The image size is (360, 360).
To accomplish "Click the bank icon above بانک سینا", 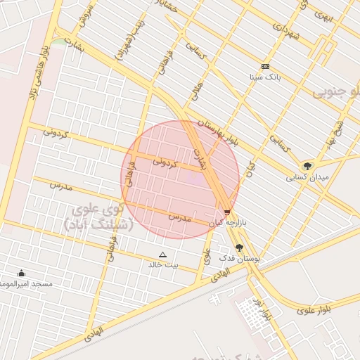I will coord(264,67).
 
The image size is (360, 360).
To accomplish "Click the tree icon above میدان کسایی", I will coord(307,167).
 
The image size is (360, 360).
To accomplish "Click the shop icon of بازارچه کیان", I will coord(226,212).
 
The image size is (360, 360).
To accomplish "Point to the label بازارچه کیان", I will coord(226,222).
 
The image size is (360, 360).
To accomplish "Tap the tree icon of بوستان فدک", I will coord(239,248).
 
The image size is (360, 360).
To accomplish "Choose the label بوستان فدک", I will coord(240,258).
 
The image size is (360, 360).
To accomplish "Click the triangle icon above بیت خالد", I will coord(163,255).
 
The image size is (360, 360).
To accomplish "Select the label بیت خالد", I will coord(163,265).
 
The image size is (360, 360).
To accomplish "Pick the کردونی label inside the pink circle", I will coord(167,162).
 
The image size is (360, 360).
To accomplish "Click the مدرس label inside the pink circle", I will coord(180,218).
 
